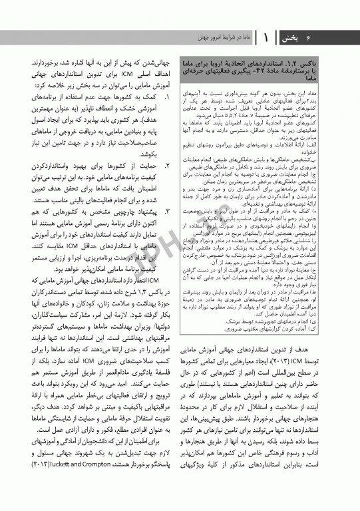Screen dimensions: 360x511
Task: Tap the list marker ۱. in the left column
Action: tap(168, 96)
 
